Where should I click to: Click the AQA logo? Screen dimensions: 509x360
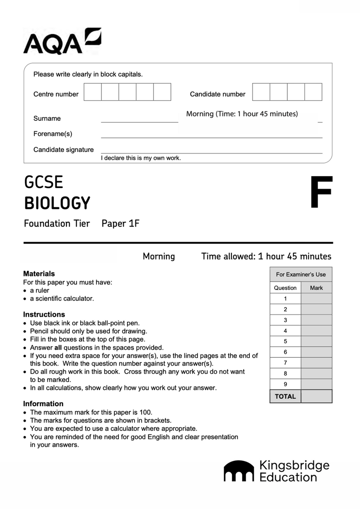(x=62, y=41)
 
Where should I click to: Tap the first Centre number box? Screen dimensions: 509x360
(x=93, y=92)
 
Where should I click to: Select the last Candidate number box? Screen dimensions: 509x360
(x=313, y=92)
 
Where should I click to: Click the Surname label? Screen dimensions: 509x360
(x=47, y=118)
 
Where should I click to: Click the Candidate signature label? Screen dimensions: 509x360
(x=63, y=149)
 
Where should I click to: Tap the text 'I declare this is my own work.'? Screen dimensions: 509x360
(x=141, y=158)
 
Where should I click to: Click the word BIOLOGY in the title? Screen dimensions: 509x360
(x=57, y=203)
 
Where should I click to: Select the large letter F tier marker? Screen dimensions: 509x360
(x=321, y=192)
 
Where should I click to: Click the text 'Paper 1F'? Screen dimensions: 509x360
(x=120, y=223)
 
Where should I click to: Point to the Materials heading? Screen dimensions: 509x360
(x=39, y=274)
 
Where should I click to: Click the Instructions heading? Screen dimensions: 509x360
(x=44, y=314)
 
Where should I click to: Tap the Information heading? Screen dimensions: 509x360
(x=43, y=404)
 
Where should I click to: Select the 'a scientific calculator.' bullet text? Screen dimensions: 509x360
(x=62, y=299)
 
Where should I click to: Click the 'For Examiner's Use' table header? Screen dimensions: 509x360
(x=301, y=274)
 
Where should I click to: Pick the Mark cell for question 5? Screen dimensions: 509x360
(x=316, y=341)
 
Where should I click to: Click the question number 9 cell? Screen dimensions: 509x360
(x=285, y=384)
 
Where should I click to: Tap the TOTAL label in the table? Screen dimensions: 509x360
(x=285, y=396)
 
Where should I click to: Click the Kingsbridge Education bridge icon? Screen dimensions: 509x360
(x=239, y=471)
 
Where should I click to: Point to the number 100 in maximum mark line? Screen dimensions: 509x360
(x=145, y=412)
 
